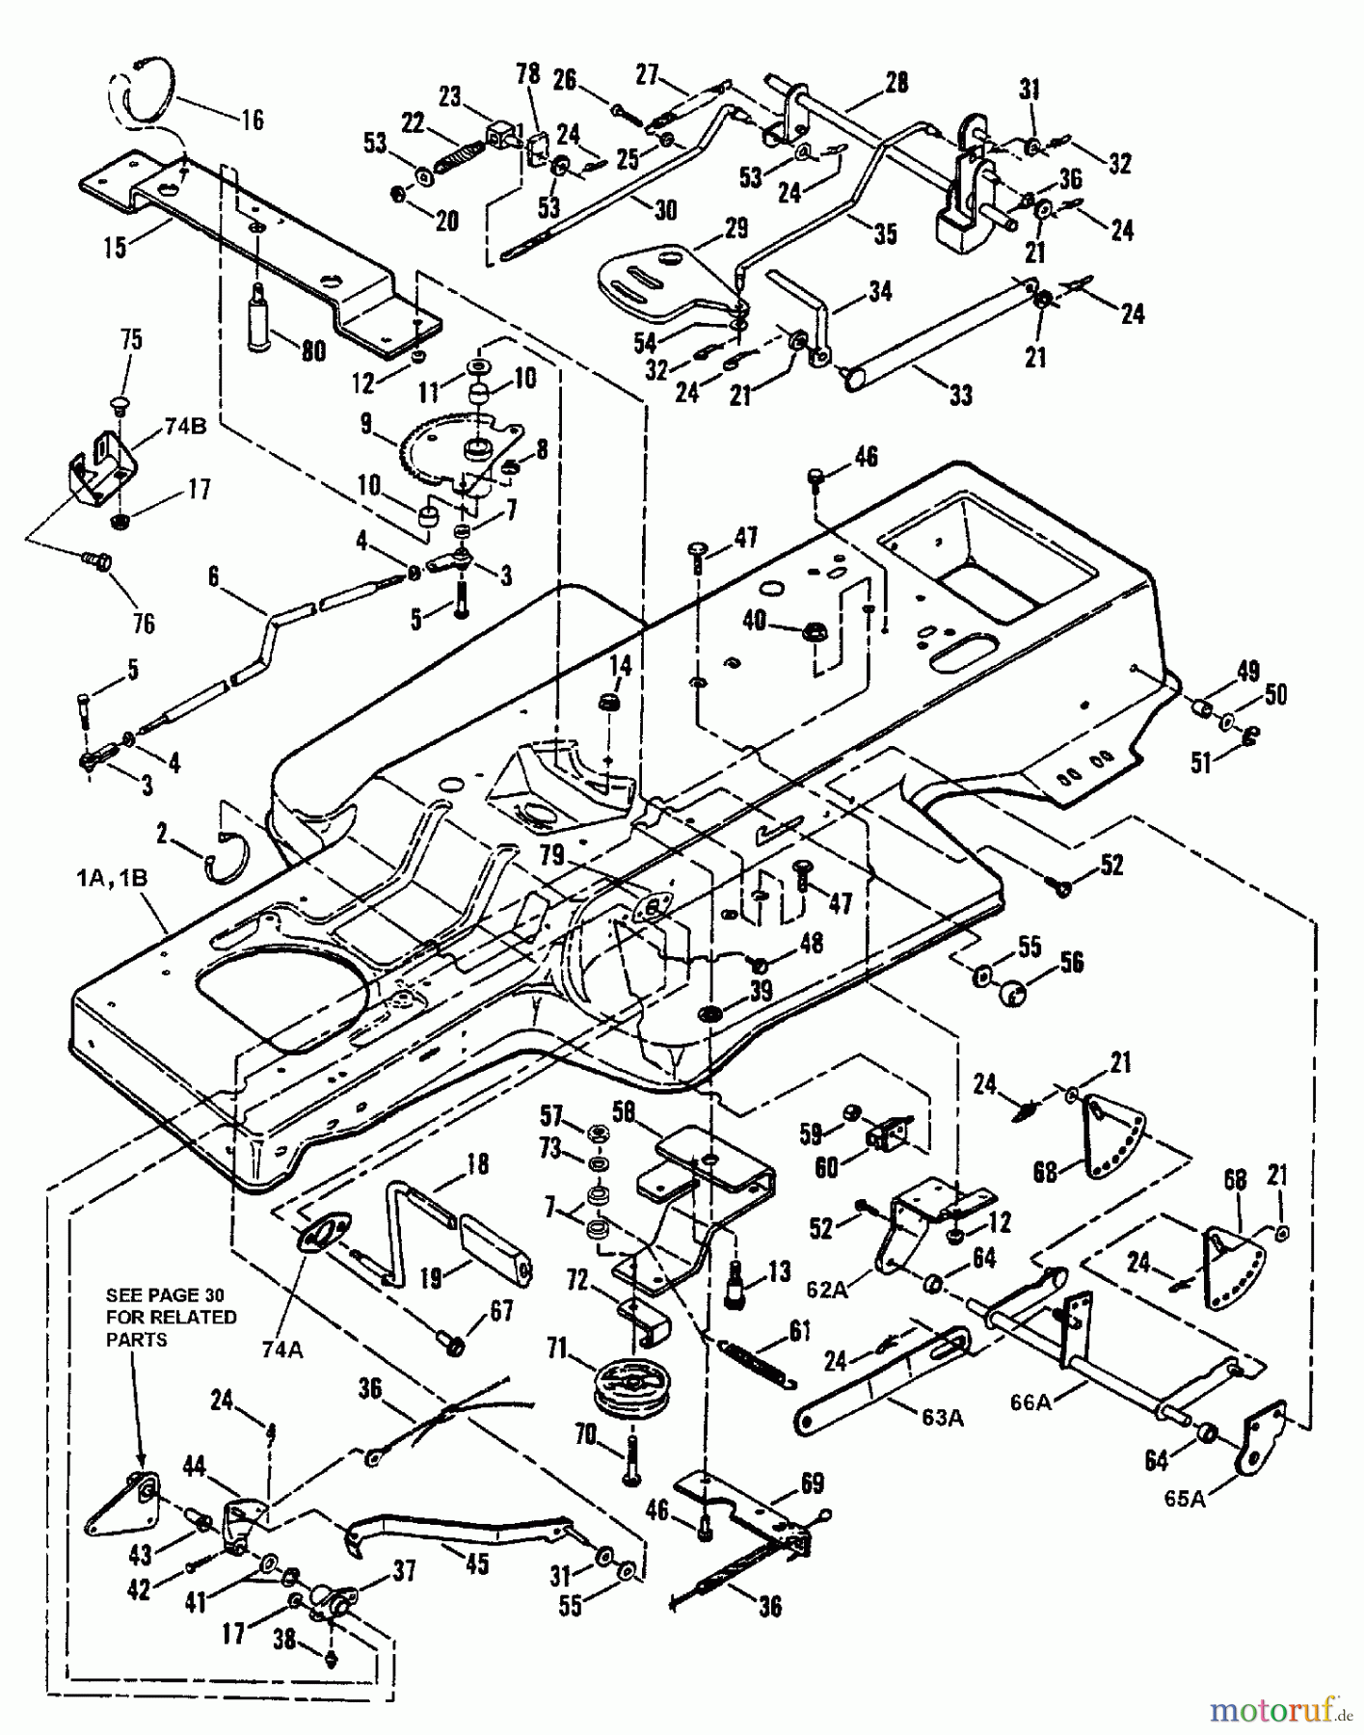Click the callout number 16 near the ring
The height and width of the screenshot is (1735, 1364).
pyautogui.click(x=252, y=120)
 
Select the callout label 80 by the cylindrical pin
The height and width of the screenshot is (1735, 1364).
pyautogui.click(x=313, y=353)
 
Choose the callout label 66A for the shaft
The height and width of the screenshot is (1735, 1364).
pyautogui.click(x=1030, y=1402)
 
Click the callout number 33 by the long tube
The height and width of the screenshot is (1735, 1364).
pyautogui.click(x=960, y=394)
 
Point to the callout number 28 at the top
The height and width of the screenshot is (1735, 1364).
pyautogui.click(x=896, y=84)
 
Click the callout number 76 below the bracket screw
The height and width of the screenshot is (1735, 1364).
pyautogui.click(x=144, y=625)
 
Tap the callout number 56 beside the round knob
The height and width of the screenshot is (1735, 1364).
pyautogui.click(x=1072, y=962)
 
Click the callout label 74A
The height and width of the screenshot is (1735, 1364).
pyautogui.click(x=282, y=1350)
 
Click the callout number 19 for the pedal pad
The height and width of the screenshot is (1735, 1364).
pyautogui.click(x=431, y=1277)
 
